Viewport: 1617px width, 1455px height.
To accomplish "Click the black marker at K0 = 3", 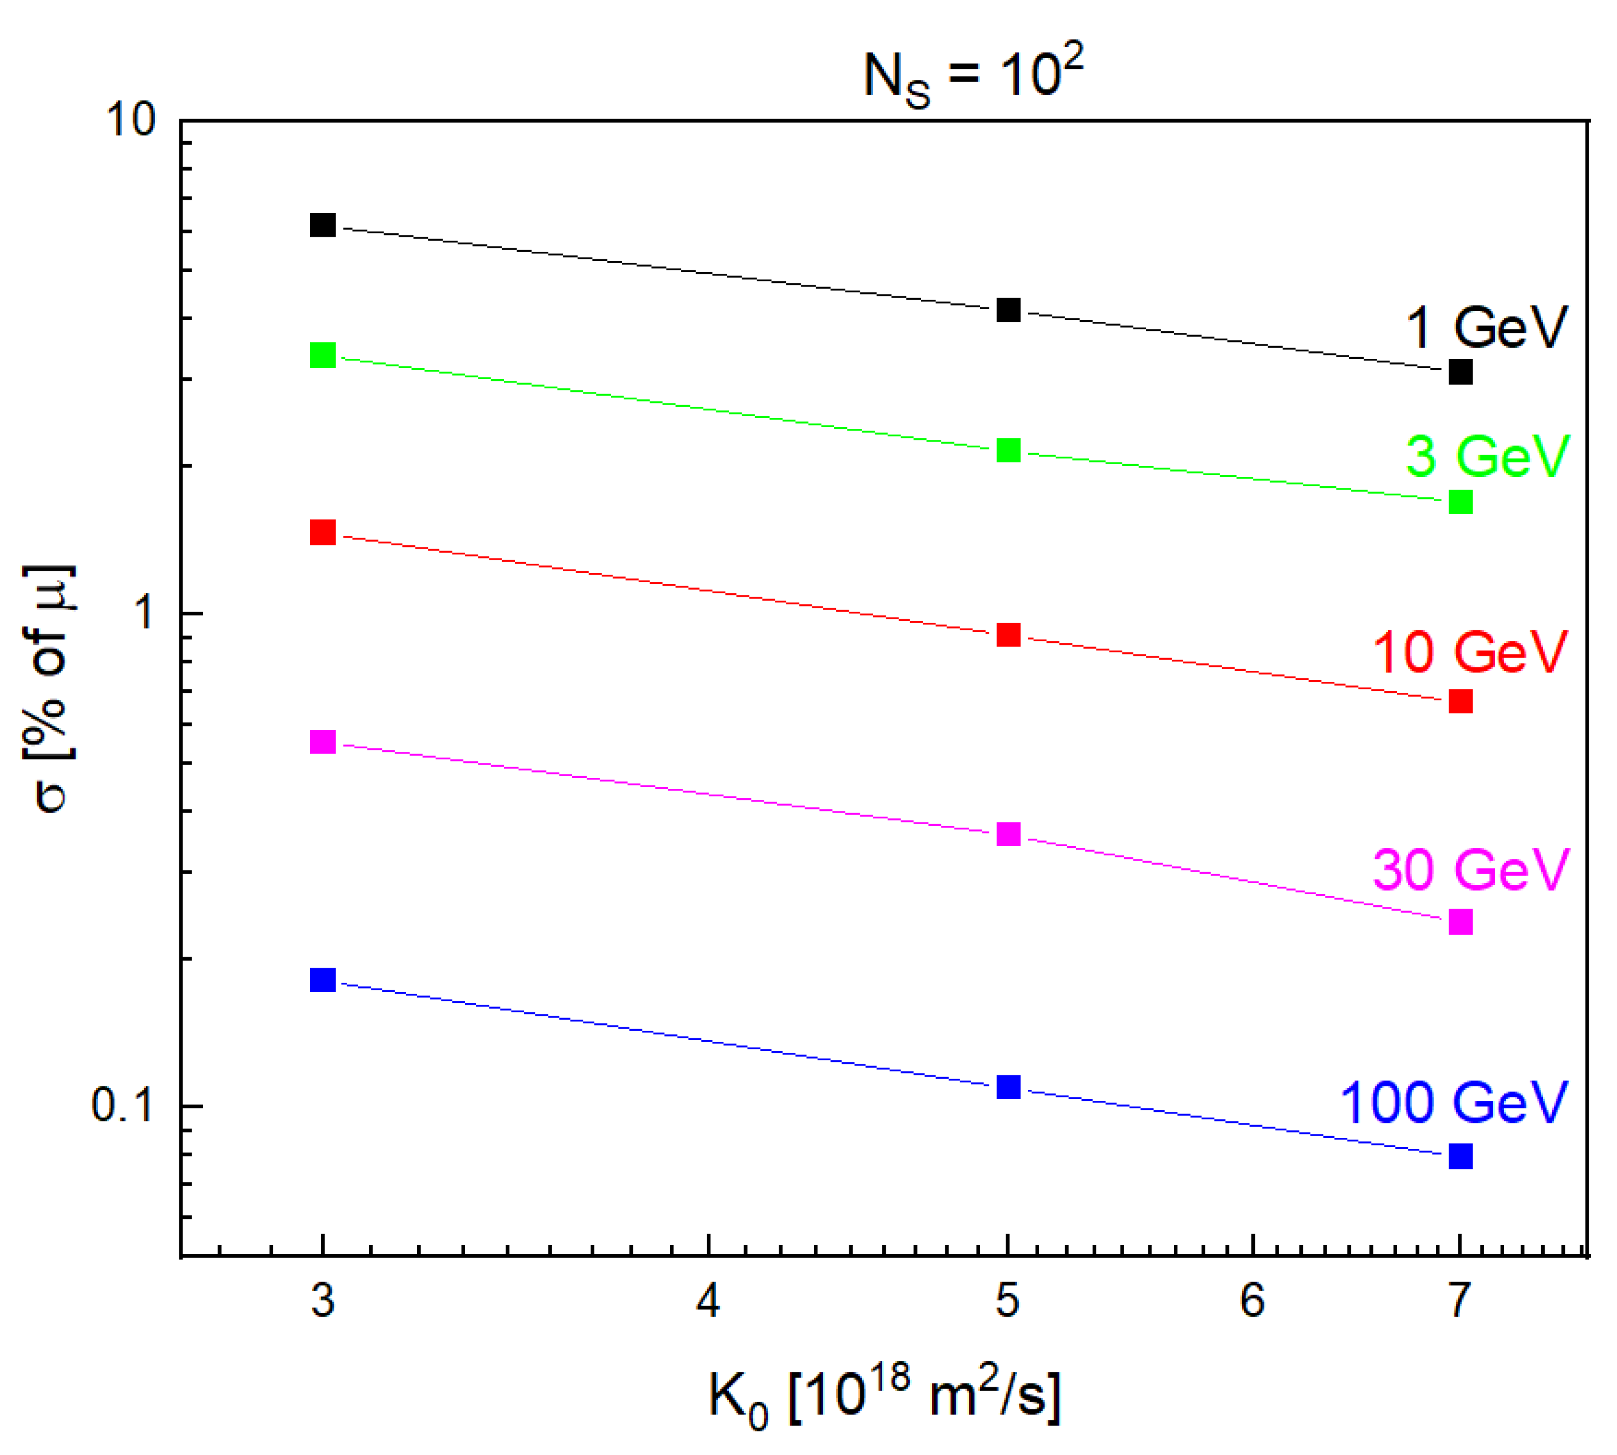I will (322, 226).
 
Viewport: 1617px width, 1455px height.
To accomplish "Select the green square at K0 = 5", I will (1009, 450).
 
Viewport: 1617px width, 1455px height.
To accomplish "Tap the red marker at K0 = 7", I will (1460, 701).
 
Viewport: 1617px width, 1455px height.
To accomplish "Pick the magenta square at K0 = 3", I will (322, 742).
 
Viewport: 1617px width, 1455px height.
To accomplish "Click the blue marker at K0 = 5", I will (1009, 1087).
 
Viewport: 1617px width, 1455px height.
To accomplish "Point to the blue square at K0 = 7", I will (1460, 1156).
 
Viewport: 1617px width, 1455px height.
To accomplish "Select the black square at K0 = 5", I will (1009, 310).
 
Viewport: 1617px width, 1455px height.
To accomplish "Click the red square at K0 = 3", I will (322, 532).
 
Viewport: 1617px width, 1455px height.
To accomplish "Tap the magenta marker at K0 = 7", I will (1460, 922).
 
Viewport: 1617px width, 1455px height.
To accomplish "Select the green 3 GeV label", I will (1487, 457).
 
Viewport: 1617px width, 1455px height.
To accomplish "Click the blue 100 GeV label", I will (1453, 1103).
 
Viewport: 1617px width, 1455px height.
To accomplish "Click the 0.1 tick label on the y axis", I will (121, 1105).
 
